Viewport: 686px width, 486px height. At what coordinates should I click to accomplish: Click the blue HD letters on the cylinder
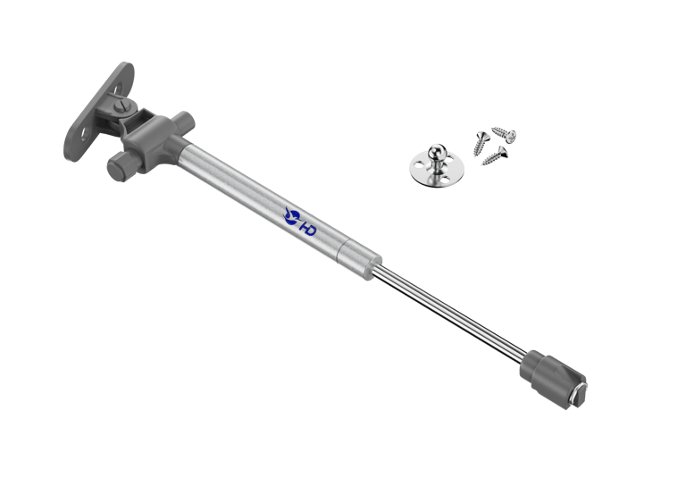click(x=307, y=227)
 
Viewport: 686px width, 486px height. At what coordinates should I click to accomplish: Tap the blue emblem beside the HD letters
click(x=292, y=216)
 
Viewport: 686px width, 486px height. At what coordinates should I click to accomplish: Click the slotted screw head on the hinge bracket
click(x=122, y=105)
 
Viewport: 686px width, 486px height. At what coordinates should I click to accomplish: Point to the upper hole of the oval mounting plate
click(x=117, y=89)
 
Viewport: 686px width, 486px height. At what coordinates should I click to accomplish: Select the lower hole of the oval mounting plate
click(x=85, y=133)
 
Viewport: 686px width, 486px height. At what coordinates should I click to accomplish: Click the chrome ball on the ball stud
click(x=437, y=152)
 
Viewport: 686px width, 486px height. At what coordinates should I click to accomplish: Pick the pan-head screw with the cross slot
click(x=505, y=134)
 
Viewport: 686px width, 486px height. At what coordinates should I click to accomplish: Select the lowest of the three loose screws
click(x=495, y=156)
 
